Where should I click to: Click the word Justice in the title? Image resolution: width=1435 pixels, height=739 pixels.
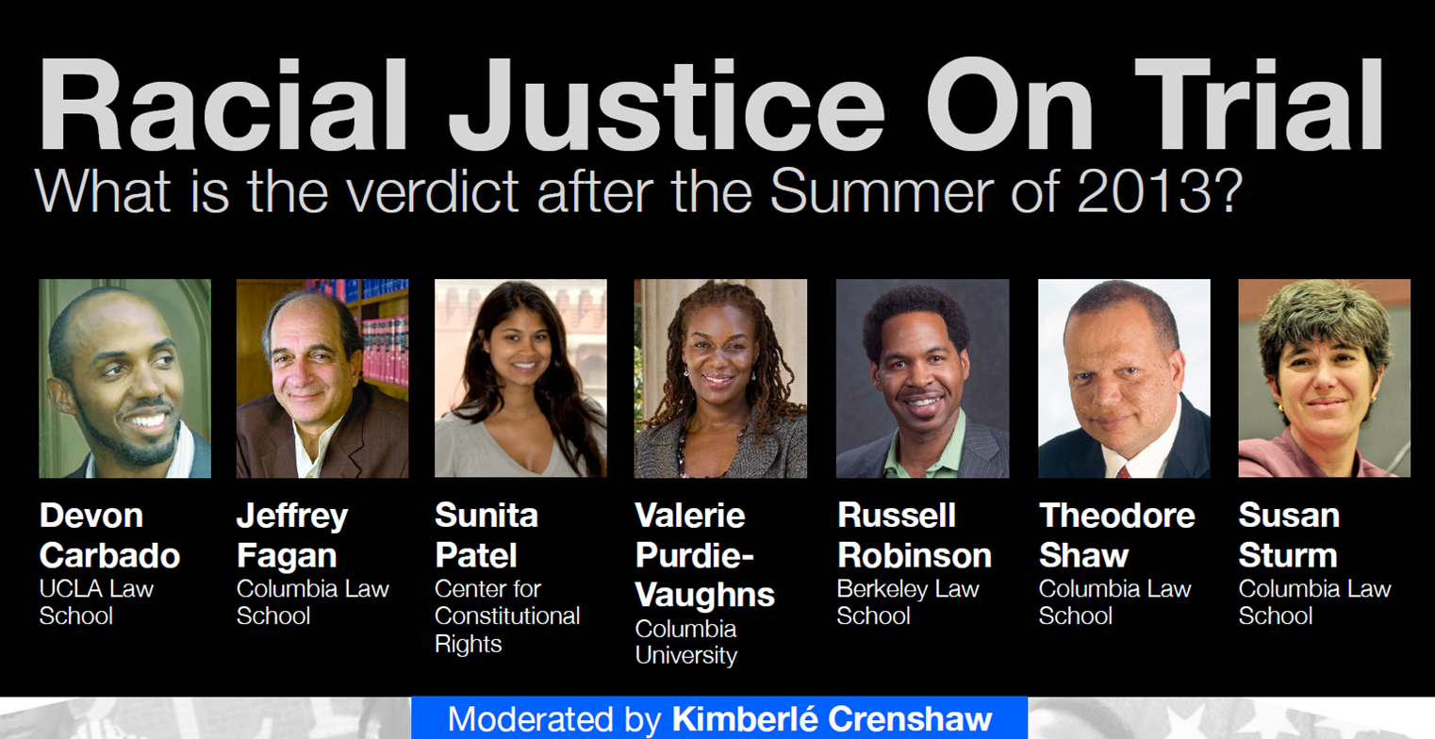[x=667, y=105]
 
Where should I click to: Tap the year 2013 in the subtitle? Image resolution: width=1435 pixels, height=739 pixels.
[x=1141, y=191]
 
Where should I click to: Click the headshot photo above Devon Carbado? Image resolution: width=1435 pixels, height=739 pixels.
[x=124, y=379]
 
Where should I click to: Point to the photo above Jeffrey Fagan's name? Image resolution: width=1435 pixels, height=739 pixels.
[x=322, y=379]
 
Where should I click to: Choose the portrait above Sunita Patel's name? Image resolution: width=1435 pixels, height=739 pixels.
[x=520, y=379]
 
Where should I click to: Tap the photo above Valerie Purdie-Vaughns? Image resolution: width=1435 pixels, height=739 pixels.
[x=720, y=379]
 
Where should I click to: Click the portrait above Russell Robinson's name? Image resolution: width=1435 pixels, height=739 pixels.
[x=922, y=379]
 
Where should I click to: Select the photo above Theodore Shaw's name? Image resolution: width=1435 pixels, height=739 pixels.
[x=1124, y=379]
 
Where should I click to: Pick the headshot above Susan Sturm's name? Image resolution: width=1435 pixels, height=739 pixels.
[x=1324, y=379]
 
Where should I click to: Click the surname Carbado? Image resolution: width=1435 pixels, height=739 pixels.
[x=109, y=555]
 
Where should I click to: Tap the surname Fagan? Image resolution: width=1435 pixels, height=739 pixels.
[x=287, y=556]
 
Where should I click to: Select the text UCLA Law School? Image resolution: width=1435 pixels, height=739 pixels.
[x=97, y=602]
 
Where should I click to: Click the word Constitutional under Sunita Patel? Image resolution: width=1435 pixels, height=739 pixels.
[x=507, y=616]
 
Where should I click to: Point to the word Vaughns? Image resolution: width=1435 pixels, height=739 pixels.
[x=704, y=596]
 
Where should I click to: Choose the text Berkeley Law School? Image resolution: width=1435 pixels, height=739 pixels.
[x=908, y=602]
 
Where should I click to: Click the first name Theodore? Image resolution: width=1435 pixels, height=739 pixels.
[x=1117, y=516]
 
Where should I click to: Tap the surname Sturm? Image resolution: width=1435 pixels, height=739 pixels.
[x=1288, y=555]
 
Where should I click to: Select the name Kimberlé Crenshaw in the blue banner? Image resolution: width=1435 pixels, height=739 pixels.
[x=833, y=719]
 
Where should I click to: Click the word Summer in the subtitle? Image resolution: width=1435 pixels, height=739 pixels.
[x=882, y=191]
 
